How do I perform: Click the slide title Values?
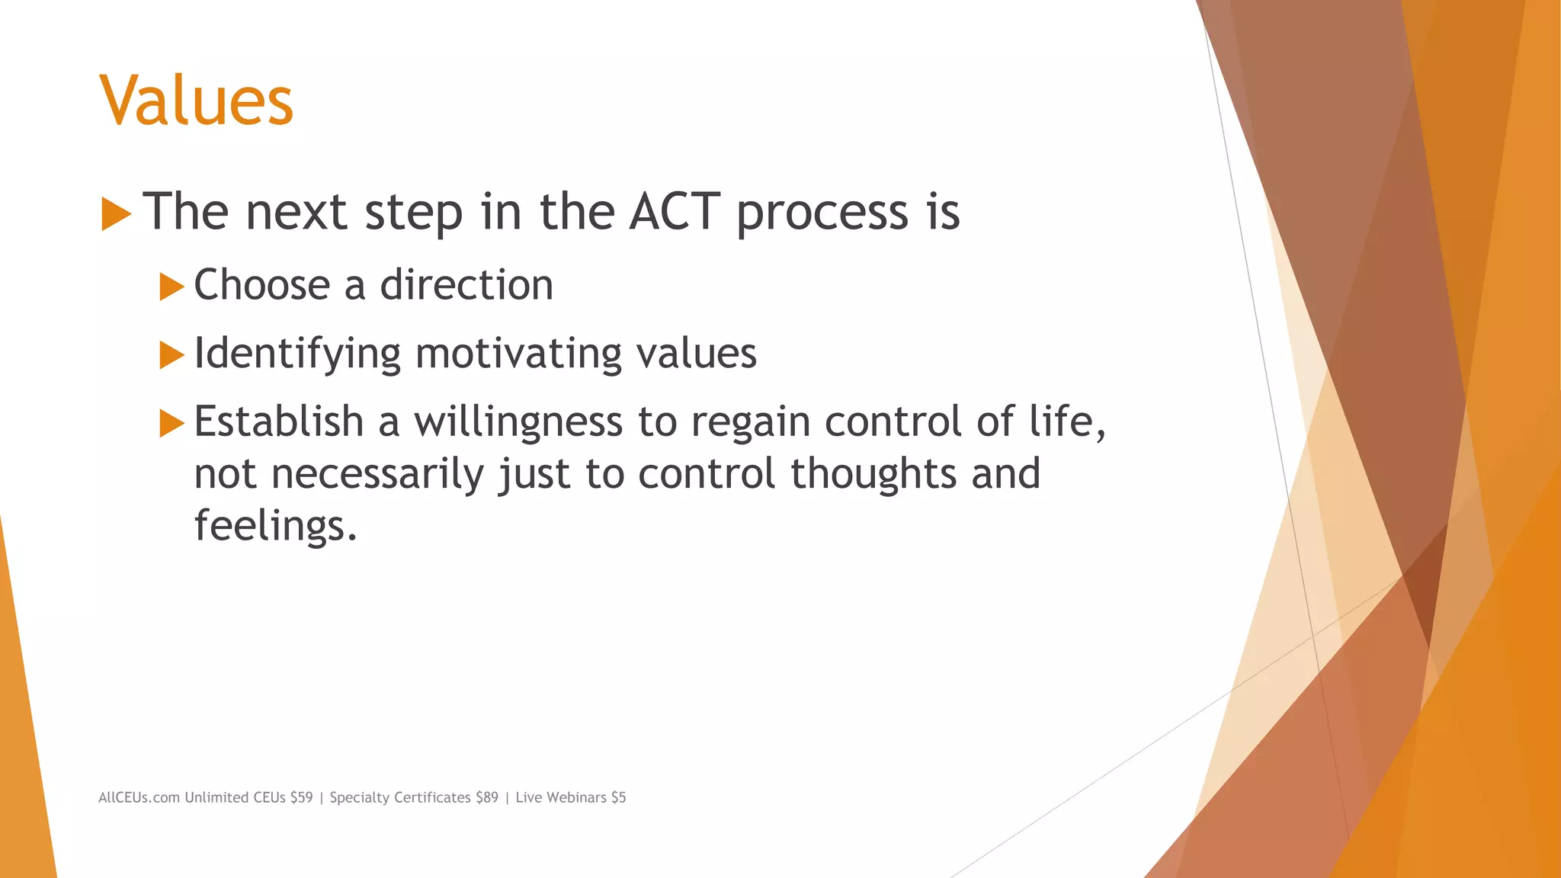pyautogui.click(x=196, y=101)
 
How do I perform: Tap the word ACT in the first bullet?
pyautogui.click(x=674, y=211)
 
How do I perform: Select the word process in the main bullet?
pyautogui.click(x=822, y=213)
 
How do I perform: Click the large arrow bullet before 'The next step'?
pyautogui.click(x=116, y=214)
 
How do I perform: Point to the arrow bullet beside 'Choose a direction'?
pyautogui.click(x=171, y=287)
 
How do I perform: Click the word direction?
pyautogui.click(x=466, y=285)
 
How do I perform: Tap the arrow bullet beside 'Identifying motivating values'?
pyautogui.click(x=171, y=355)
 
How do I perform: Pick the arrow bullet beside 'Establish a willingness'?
pyautogui.click(x=171, y=423)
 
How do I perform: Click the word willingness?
pyautogui.click(x=518, y=422)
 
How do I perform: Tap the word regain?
pyautogui.click(x=750, y=422)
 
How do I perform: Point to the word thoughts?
pyautogui.click(x=873, y=473)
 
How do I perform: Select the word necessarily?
pyautogui.click(x=377, y=475)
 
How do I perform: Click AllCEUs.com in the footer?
pyautogui.click(x=139, y=797)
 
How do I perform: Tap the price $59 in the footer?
pyautogui.click(x=301, y=797)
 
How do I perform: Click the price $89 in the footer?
pyautogui.click(x=486, y=797)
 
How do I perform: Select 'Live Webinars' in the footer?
pyautogui.click(x=560, y=797)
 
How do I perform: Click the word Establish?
pyautogui.click(x=279, y=422)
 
